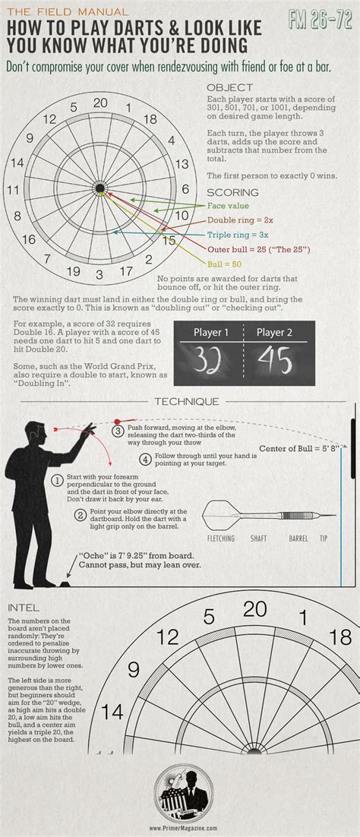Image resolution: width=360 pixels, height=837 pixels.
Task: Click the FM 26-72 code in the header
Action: [320, 21]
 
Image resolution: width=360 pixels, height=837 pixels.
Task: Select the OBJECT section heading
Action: [230, 88]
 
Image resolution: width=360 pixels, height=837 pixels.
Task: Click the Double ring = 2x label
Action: [240, 220]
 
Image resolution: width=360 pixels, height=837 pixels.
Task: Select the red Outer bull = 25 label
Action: [258, 249]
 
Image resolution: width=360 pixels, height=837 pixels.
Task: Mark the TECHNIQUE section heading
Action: [187, 402]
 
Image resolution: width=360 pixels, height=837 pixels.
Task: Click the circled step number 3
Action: [118, 431]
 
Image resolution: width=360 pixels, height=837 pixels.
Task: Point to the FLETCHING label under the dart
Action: [221, 539]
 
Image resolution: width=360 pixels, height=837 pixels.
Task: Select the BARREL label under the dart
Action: [298, 539]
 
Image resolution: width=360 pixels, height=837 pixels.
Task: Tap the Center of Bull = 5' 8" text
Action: [298, 448]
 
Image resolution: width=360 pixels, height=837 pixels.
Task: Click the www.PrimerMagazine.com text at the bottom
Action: [180, 829]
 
